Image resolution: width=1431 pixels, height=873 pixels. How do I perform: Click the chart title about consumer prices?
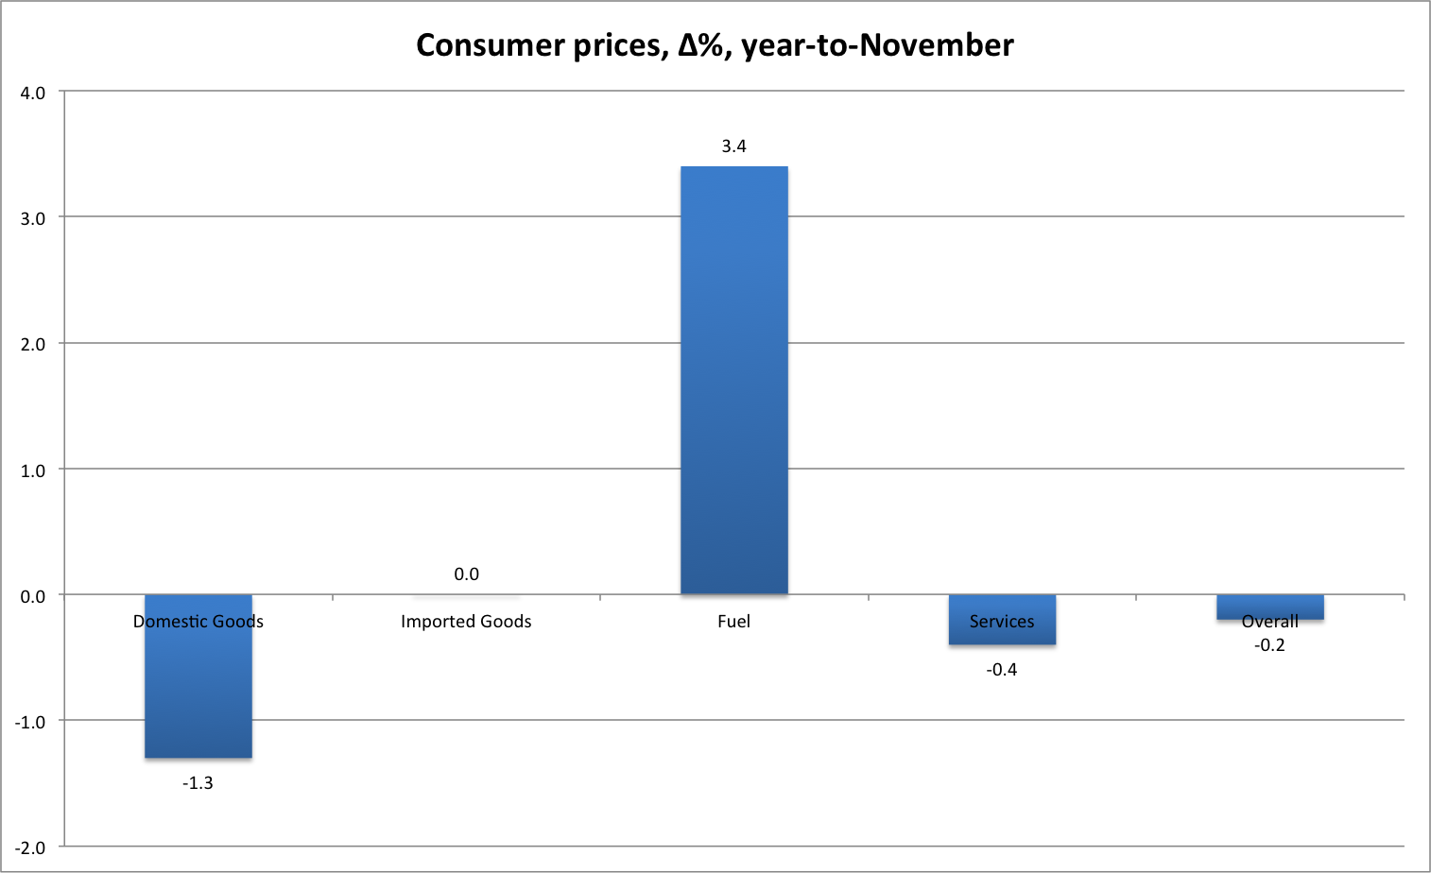(715, 45)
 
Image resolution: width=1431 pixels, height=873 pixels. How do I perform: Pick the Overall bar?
(1269, 606)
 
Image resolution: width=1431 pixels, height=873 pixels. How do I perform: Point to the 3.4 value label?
(734, 146)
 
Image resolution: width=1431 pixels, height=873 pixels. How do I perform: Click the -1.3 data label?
(198, 783)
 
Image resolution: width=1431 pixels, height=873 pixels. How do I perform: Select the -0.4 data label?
(1002, 670)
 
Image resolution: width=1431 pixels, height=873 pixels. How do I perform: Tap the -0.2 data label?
(1269, 645)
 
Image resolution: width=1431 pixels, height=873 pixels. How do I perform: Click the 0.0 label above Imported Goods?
(466, 574)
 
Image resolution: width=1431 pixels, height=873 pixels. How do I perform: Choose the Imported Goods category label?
(466, 622)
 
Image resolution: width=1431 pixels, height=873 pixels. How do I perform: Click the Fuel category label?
(734, 622)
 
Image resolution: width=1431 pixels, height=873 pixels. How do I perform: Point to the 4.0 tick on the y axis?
(33, 93)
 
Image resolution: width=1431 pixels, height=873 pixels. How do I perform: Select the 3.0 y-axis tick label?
(33, 218)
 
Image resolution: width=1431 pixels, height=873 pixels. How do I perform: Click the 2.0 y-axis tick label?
(33, 345)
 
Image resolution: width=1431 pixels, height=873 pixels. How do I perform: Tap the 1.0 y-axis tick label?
(33, 471)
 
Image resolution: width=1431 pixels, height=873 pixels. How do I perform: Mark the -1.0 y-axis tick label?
(30, 723)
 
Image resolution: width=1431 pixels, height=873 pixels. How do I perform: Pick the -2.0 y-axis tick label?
(30, 848)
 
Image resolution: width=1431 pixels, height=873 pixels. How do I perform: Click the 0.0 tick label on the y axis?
(33, 596)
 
